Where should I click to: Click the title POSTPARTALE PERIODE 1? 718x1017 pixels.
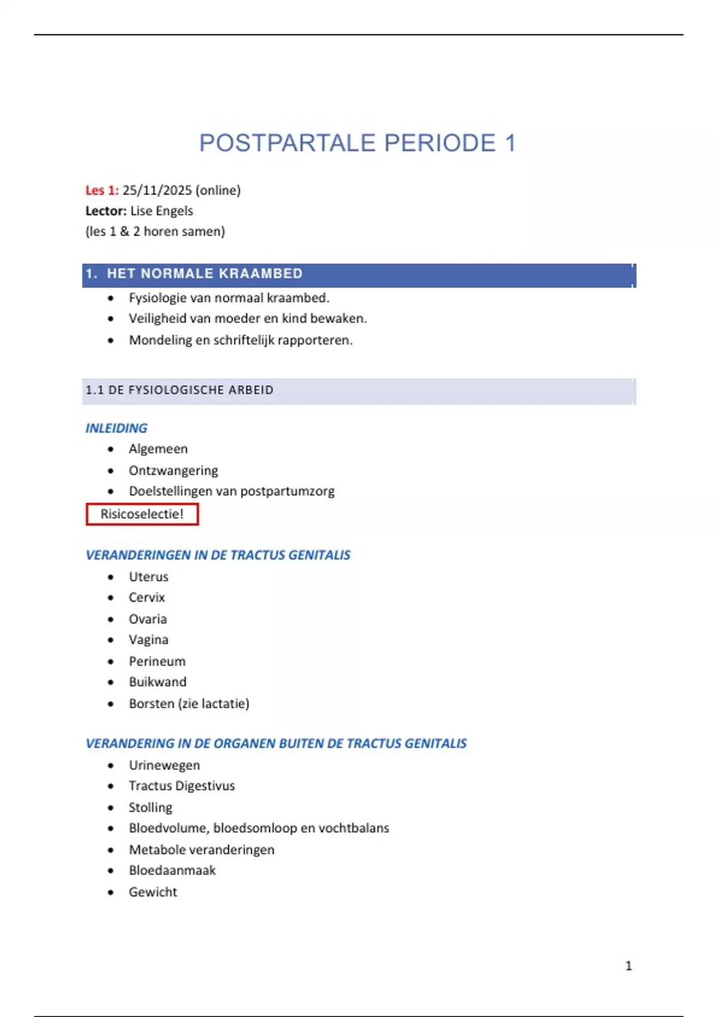[357, 144]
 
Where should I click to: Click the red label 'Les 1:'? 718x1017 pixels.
[102, 190]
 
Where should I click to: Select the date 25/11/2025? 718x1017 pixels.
[157, 190]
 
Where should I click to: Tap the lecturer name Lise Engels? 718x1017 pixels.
[162, 211]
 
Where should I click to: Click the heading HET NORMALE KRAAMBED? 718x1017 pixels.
[205, 274]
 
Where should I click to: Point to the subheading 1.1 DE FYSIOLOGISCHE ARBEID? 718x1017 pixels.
[180, 390]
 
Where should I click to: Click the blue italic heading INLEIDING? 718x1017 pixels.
[116, 428]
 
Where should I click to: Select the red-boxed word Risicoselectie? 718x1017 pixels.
[142, 514]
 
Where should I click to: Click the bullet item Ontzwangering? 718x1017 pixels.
[174, 470]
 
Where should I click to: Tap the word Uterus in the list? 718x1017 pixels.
[148, 577]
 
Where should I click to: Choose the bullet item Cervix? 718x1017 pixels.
[147, 598]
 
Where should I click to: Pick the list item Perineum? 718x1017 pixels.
[157, 661]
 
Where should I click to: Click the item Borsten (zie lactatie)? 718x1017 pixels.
[189, 704]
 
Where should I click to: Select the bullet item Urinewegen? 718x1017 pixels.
[165, 765]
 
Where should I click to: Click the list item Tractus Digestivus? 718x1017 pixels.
[182, 786]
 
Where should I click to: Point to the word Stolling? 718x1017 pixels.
[150, 808]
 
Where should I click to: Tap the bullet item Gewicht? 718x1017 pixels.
[153, 892]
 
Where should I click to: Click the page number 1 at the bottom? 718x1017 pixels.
[628, 966]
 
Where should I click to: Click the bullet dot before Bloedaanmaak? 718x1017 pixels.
[111, 871]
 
